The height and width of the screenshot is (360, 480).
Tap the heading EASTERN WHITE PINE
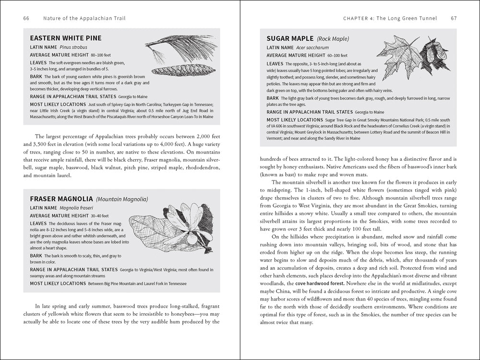tap(65, 38)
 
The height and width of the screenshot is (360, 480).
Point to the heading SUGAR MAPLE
tap(289, 38)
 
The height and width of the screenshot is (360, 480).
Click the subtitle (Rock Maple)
tap(333, 38)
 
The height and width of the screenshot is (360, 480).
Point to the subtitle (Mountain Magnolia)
tap(121, 199)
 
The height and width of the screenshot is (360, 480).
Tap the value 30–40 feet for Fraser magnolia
tap(97, 216)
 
